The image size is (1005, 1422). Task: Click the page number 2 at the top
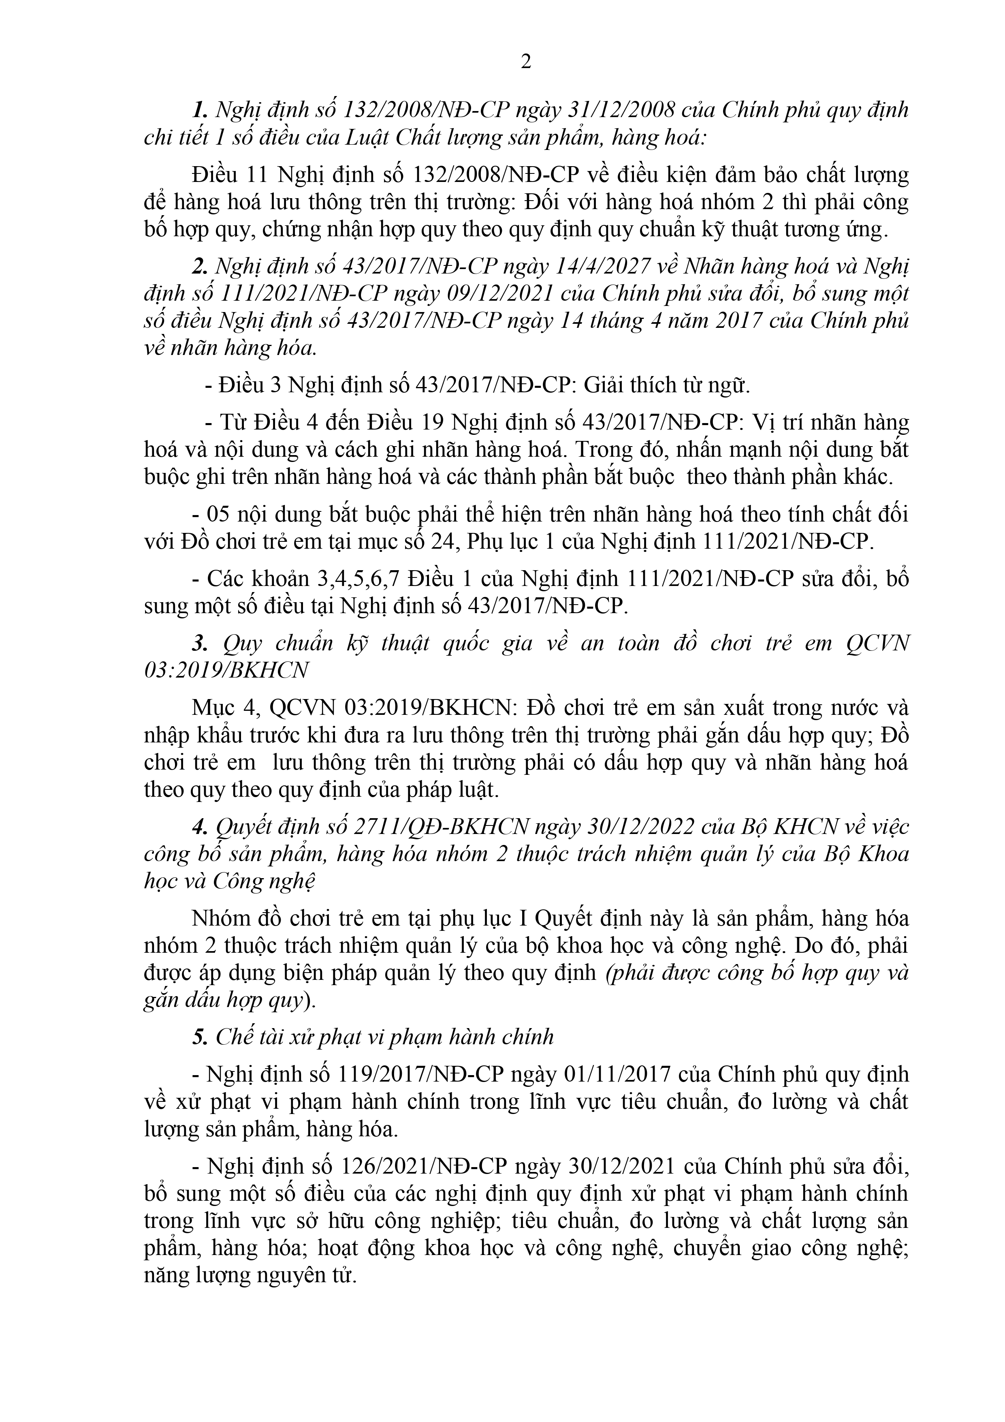(526, 62)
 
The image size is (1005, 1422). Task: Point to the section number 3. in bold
(199, 644)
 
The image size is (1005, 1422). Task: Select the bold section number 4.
(199, 826)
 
